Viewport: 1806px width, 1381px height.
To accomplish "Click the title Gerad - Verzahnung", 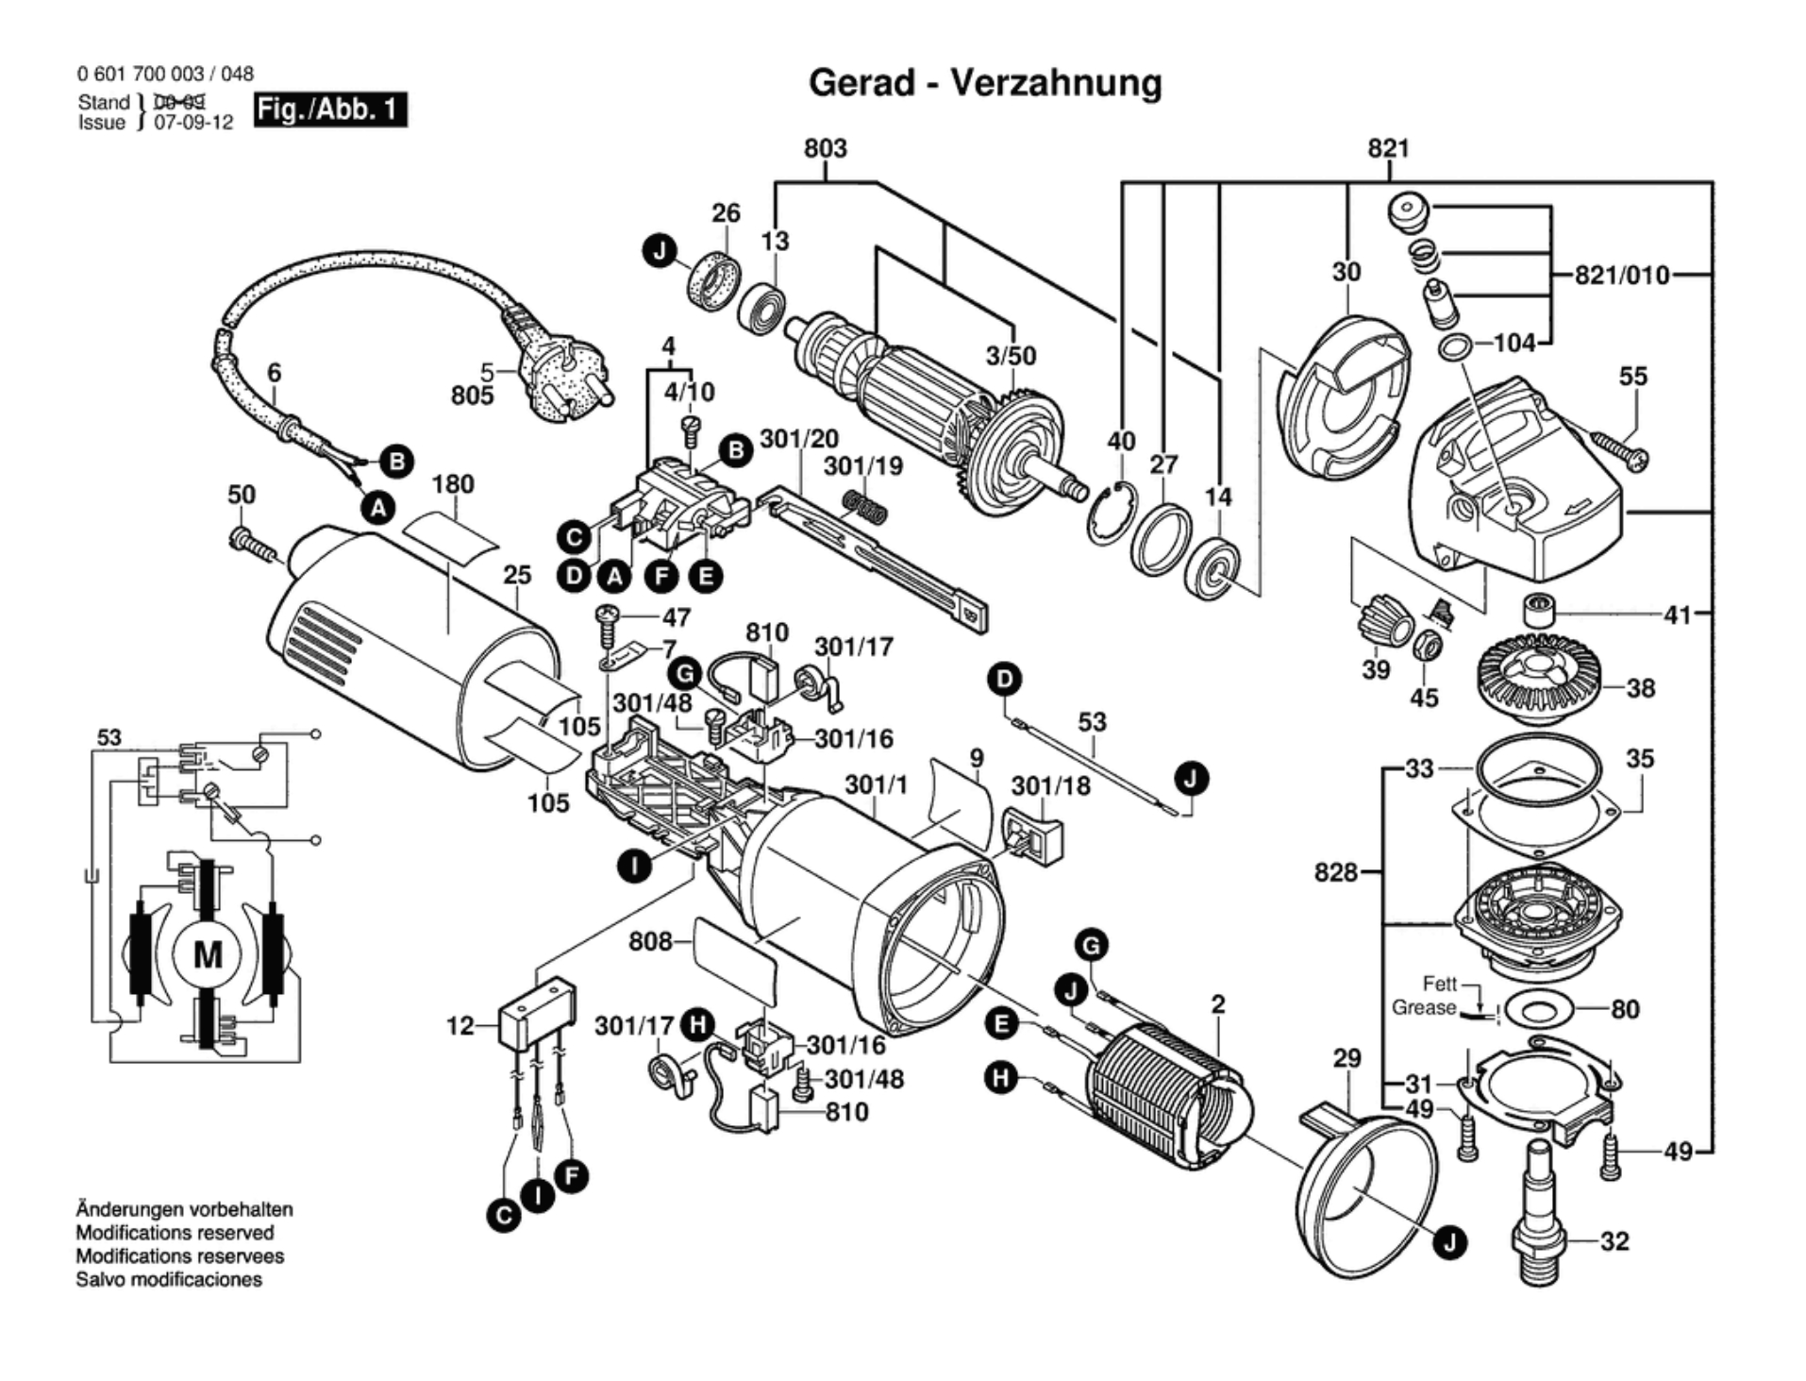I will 985,83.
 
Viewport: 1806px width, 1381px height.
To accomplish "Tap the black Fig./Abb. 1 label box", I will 330,109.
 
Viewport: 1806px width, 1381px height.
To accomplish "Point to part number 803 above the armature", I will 825,148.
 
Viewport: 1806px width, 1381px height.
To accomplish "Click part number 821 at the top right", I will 1388,148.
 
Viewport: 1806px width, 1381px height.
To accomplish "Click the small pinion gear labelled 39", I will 1382,624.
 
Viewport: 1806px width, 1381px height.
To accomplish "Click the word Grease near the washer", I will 1423,1008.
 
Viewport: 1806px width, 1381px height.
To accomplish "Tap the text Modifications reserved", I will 175,1233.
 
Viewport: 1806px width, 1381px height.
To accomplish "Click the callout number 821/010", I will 1622,276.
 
